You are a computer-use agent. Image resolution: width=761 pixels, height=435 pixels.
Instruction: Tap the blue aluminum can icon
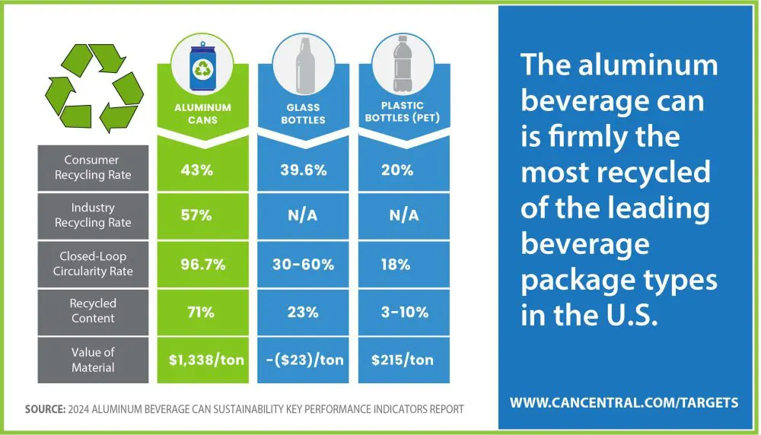tap(202, 67)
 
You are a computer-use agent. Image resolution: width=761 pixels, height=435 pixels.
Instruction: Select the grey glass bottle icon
tap(304, 66)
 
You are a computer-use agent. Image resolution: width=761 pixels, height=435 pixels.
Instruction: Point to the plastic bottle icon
tap(403, 64)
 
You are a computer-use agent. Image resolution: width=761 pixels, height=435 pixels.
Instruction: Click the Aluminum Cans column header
tap(203, 113)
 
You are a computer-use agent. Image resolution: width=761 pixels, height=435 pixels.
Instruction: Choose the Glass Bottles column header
tap(304, 113)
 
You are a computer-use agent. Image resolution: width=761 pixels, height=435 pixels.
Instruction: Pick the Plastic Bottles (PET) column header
tap(403, 112)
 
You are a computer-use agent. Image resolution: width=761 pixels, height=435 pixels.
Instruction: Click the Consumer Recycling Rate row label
tap(93, 167)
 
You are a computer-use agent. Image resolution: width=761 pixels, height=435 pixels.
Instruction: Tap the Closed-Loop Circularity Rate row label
tap(93, 263)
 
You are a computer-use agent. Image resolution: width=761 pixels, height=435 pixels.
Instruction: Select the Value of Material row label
tap(93, 360)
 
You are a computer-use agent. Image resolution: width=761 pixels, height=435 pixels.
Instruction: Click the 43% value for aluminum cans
tap(196, 170)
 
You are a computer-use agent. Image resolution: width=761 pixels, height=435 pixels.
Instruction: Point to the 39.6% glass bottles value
tap(304, 170)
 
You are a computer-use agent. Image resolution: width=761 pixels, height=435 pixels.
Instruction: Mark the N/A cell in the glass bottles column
tap(302, 214)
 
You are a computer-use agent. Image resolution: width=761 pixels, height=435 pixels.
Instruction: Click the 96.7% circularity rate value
tap(203, 265)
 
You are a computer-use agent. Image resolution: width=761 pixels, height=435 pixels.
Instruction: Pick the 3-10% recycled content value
tap(404, 312)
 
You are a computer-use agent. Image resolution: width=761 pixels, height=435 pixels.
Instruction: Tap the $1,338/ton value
tap(206, 360)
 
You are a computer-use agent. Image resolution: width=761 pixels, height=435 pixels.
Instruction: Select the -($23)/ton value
tap(305, 360)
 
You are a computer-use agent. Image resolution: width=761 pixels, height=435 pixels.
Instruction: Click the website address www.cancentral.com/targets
tap(624, 402)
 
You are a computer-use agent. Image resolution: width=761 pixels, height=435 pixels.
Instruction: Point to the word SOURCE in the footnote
tap(45, 409)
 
